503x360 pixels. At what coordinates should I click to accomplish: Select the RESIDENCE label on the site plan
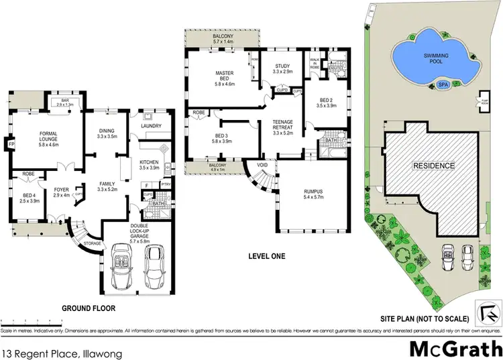(433, 166)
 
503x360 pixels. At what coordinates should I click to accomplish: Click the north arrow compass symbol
(488, 310)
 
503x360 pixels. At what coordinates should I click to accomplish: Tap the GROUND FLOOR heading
(89, 308)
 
